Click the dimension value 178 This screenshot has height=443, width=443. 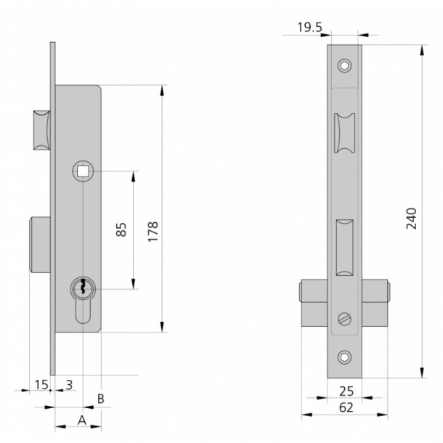tap(153, 229)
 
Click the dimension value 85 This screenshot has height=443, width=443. tap(121, 229)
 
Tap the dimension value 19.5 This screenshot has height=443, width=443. tap(310, 28)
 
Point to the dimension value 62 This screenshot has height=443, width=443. tap(346, 408)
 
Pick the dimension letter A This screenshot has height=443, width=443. tap(82, 420)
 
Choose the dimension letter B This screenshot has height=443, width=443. tap(101, 398)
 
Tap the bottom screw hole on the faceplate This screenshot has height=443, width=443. tap(344, 357)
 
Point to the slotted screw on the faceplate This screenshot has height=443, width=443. tap(344, 319)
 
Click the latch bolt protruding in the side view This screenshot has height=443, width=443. tap(41, 131)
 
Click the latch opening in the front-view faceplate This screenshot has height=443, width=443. tap(344, 135)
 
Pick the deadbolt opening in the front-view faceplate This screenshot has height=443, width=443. tap(344, 247)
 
